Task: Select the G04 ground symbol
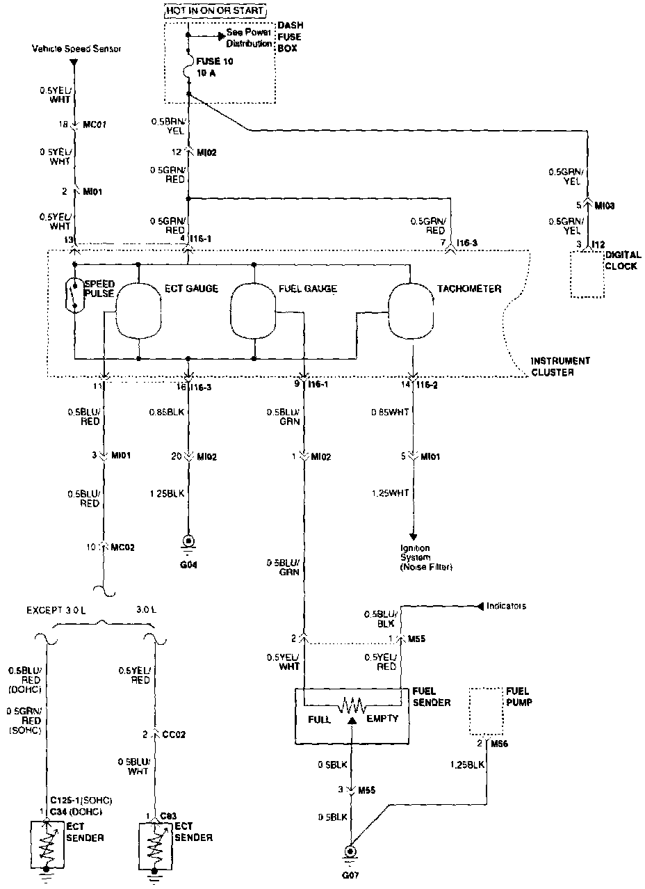188,540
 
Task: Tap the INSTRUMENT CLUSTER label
560,367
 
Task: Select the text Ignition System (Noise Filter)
425,557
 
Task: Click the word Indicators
506,606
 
